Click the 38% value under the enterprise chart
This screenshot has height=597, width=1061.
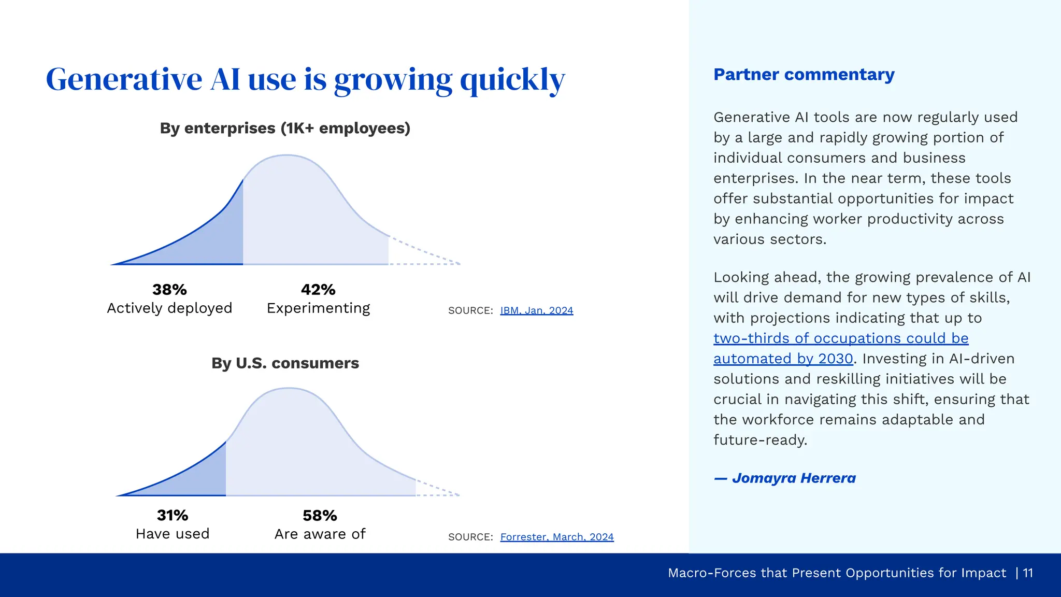169,289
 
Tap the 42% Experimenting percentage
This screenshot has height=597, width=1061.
318,289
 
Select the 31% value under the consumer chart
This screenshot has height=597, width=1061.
172,515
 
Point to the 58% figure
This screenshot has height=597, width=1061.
320,515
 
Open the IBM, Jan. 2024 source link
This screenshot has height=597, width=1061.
536,310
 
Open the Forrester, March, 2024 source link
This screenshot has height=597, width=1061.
556,537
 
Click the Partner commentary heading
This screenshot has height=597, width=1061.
804,75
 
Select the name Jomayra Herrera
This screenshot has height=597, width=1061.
793,478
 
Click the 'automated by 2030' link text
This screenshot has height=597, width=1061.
783,359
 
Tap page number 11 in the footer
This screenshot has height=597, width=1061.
1028,573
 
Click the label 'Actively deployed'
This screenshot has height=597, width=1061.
169,308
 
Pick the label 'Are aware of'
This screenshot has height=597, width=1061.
320,534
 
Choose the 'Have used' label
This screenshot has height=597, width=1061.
172,534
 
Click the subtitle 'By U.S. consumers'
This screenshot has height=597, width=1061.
285,363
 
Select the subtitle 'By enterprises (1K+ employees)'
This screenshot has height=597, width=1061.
285,128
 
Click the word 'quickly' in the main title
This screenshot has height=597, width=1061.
512,80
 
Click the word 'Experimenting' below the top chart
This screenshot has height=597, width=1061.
318,308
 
